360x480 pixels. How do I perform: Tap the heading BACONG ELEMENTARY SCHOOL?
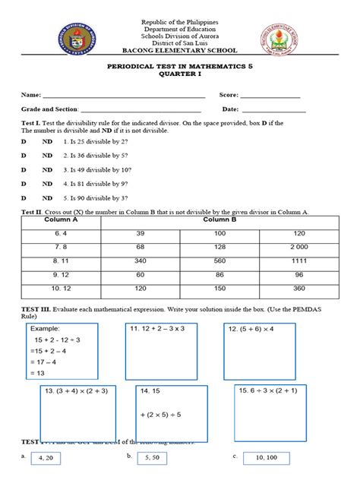180,51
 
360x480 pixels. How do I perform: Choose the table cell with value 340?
141,260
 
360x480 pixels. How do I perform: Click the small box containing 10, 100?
271,459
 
